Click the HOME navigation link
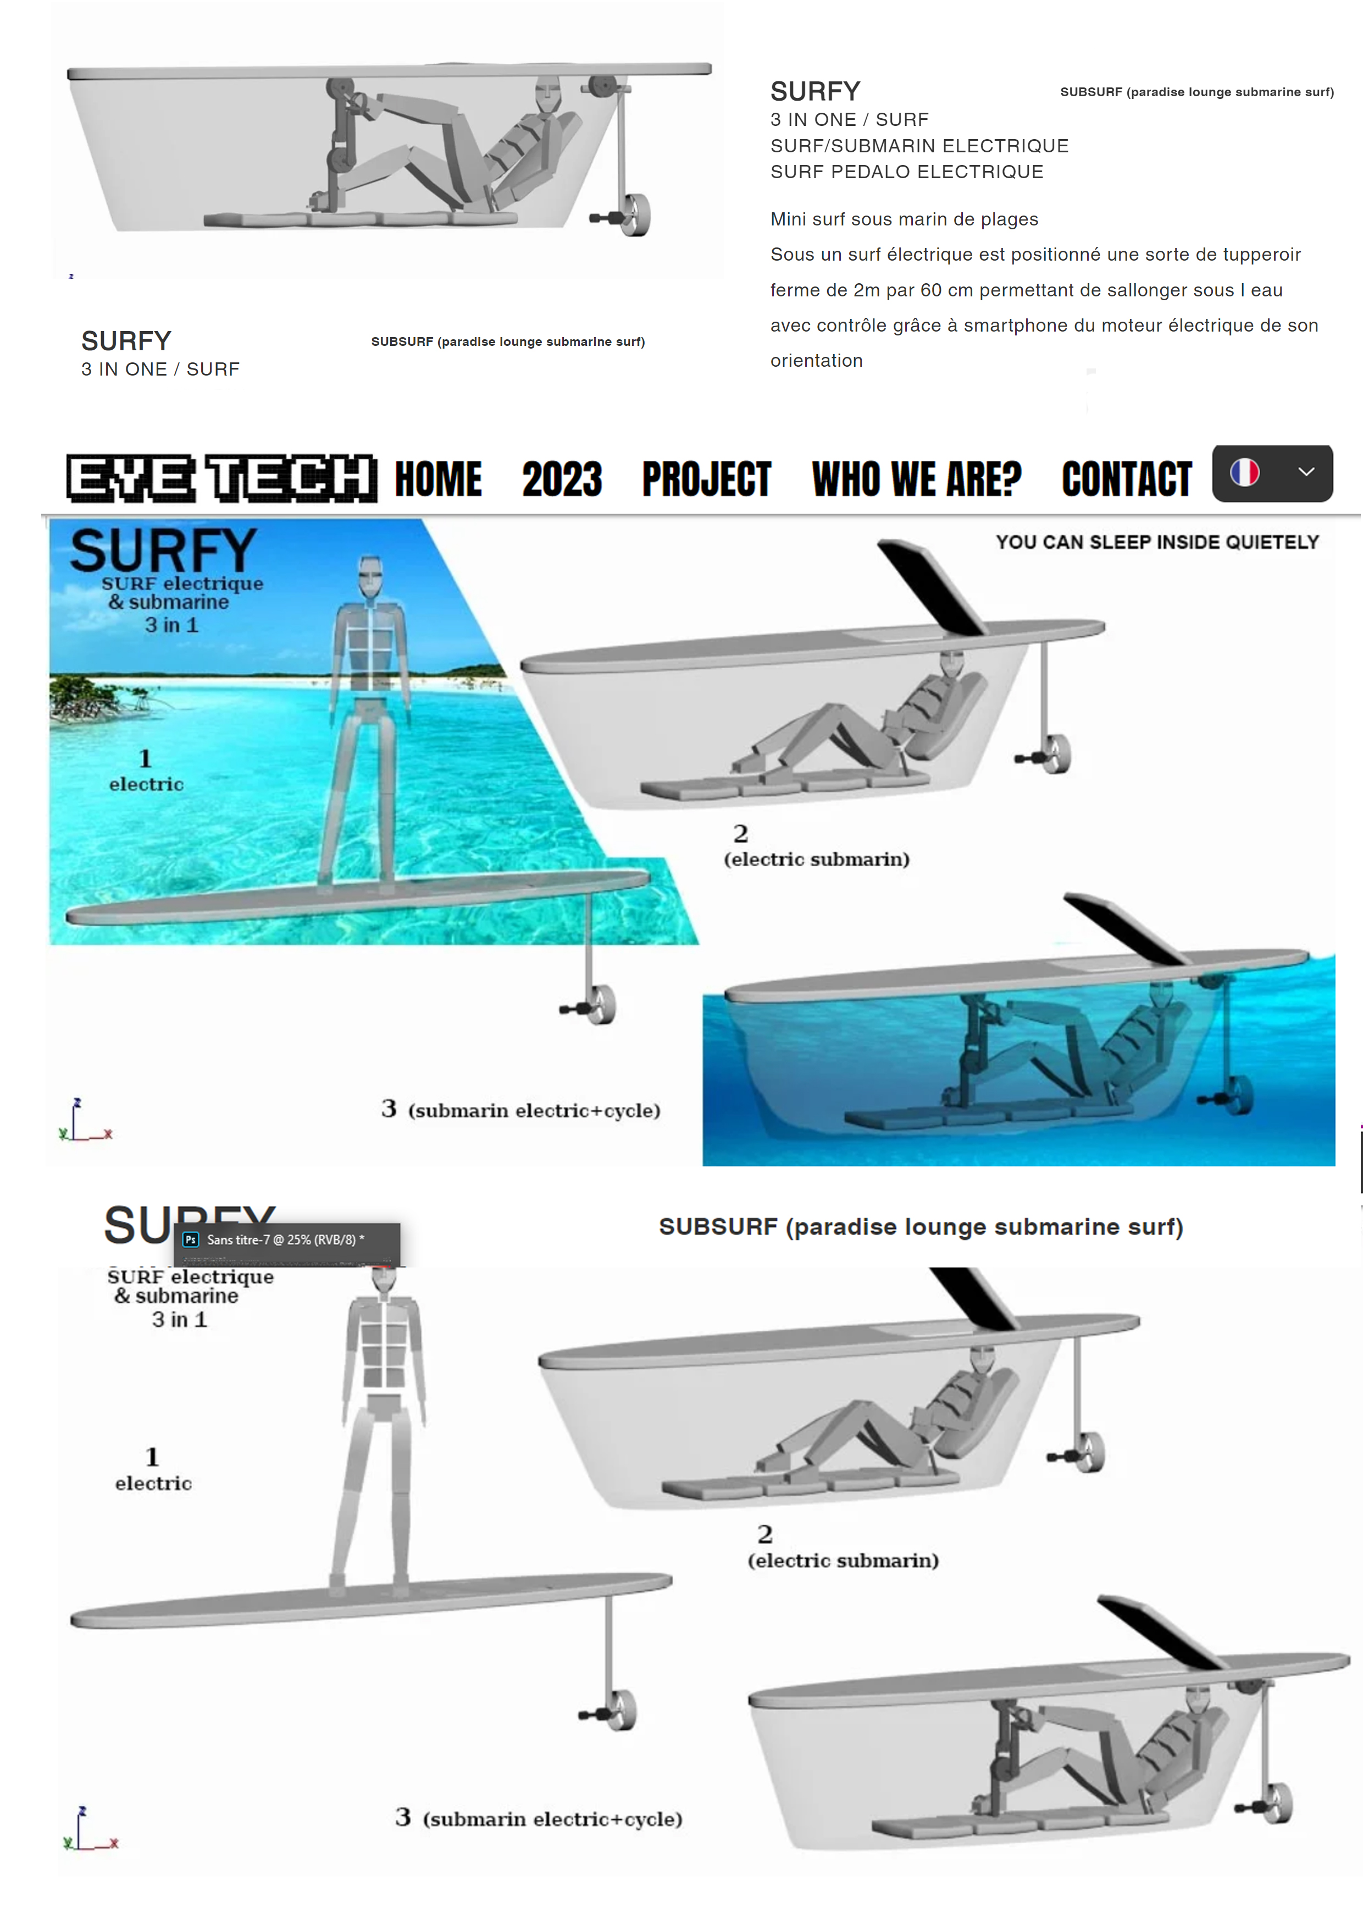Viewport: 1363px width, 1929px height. (439, 479)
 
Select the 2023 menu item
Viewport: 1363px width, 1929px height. (562, 479)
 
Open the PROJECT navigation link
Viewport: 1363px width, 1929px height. (706, 479)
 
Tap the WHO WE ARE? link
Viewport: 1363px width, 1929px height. (916, 479)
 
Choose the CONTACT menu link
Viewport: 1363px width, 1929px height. (1126, 479)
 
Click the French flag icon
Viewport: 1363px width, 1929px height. (1245, 472)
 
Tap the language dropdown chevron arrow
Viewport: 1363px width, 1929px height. (1306, 472)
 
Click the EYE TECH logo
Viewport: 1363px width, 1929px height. (221, 478)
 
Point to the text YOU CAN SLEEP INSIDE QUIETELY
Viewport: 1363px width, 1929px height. (1157, 542)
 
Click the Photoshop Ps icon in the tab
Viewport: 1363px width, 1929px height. (191, 1239)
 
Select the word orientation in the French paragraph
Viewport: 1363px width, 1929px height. (816, 360)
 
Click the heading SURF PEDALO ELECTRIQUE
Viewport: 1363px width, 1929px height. (907, 172)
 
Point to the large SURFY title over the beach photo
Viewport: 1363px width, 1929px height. (164, 551)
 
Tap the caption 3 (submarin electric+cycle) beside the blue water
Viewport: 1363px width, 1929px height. (520, 1110)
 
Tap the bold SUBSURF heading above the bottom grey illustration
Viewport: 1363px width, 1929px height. (921, 1227)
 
